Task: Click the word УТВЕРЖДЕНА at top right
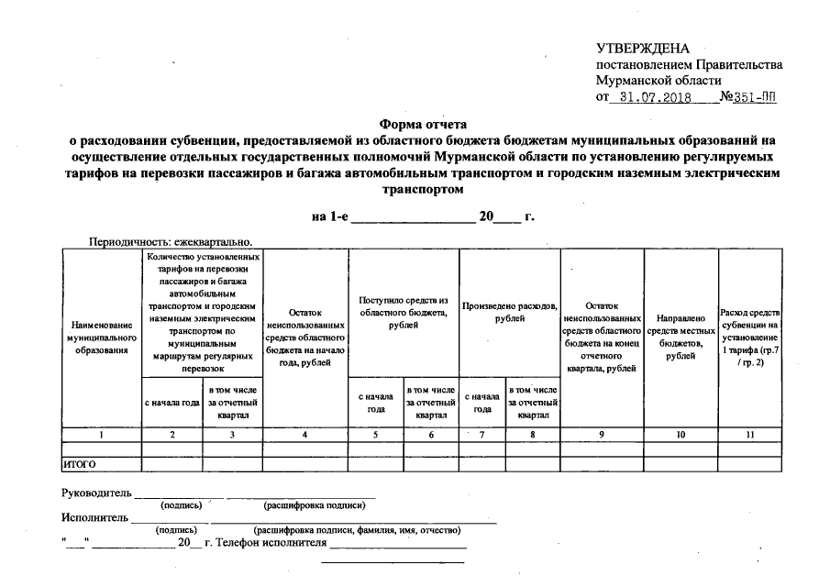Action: (642, 48)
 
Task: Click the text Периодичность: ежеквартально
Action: (170, 242)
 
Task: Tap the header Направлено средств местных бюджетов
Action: (681, 336)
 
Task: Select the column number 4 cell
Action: (304, 434)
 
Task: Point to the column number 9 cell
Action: (602, 434)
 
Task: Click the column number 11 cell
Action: (750, 434)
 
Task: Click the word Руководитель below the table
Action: (96, 493)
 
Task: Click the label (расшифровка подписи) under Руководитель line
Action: (304, 505)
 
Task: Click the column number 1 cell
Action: (101, 434)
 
